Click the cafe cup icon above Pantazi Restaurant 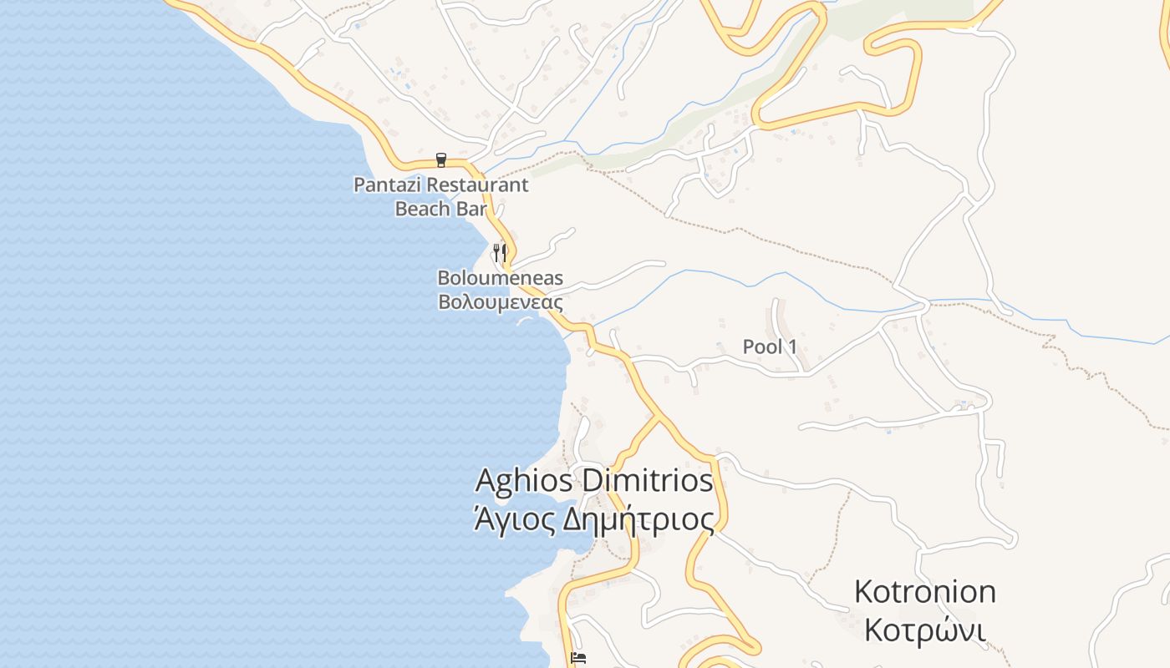pyautogui.click(x=441, y=159)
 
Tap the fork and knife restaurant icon pyautogui.click(x=500, y=252)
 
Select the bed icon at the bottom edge pyautogui.click(x=577, y=658)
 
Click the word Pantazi pyautogui.click(x=384, y=185)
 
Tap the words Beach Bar pyautogui.click(x=440, y=209)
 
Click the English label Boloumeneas pyautogui.click(x=500, y=278)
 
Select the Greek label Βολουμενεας pyautogui.click(x=500, y=301)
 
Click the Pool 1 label pyautogui.click(x=770, y=347)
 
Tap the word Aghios pyautogui.click(x=524, y=481)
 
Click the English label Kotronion pyautogui.click(x=924, y=592)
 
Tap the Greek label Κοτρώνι pyautogui.click(x=924, y=630)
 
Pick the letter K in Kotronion pyautogui.click(x=864, y=592)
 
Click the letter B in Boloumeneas pyautogui.click(x=444, y=278)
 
